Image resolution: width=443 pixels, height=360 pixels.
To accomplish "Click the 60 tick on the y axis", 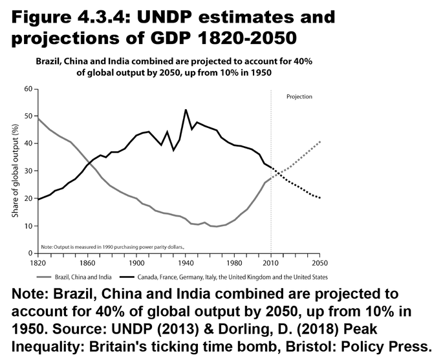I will [x=27, y=88].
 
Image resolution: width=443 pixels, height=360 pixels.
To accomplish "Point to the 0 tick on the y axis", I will [x=29, y=253].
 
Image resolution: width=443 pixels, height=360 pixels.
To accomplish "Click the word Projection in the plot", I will [x=299, y=97].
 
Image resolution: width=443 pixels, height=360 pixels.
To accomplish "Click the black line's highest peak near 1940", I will [x=186, y=110].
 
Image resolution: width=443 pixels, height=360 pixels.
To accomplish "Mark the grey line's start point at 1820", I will [x=38, y=118].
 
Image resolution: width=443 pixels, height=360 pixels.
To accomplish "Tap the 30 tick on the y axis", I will [x=27, y=171].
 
